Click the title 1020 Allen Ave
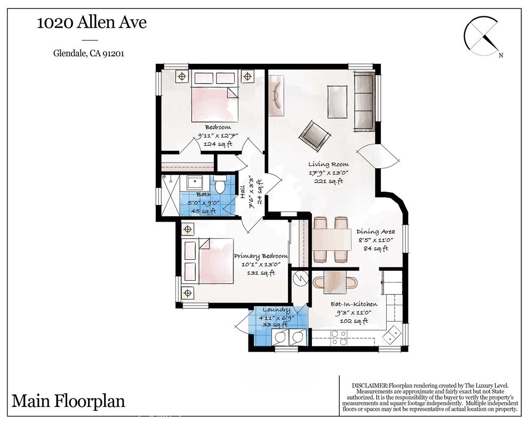(91, 23)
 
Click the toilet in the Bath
(220, 185)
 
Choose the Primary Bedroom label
(260, 256)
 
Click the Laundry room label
(276, 310)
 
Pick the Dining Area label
(375, 232)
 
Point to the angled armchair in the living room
(314, 134)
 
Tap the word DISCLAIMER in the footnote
(369, 385)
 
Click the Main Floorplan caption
(68, 401)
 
